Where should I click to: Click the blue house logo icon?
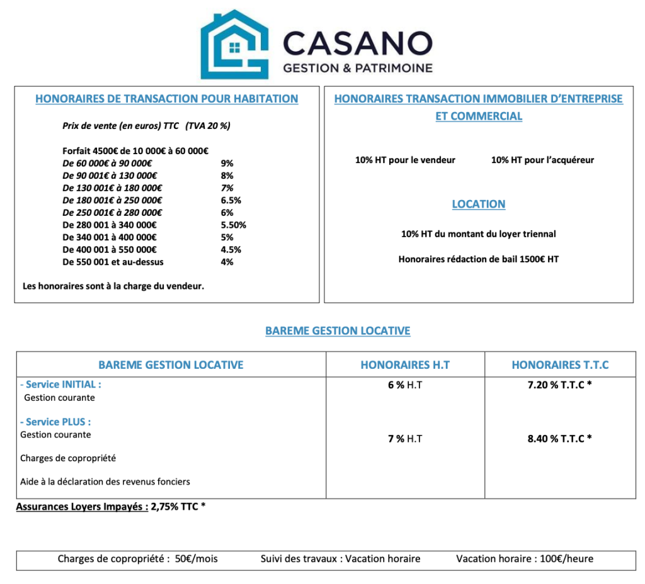234,44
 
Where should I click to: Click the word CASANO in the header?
357,43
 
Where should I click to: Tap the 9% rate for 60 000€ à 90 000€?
227,163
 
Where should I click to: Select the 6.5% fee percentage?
231,200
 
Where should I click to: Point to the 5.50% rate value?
234,225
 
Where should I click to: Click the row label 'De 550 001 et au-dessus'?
113,262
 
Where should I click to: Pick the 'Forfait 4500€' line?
135,150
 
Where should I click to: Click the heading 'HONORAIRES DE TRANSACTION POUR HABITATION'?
167,99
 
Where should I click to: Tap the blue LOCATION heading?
479,204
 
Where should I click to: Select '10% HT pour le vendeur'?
405,160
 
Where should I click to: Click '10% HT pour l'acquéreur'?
542,160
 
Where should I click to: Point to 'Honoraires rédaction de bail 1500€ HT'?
479,259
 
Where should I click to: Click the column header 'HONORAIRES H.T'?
405,365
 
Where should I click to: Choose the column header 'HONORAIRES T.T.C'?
560,365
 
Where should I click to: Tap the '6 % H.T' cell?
405,385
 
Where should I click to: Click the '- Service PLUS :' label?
60,422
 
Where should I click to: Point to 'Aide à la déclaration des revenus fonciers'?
105,481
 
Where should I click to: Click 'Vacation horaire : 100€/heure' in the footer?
525,559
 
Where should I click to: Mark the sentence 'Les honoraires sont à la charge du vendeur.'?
113,286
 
